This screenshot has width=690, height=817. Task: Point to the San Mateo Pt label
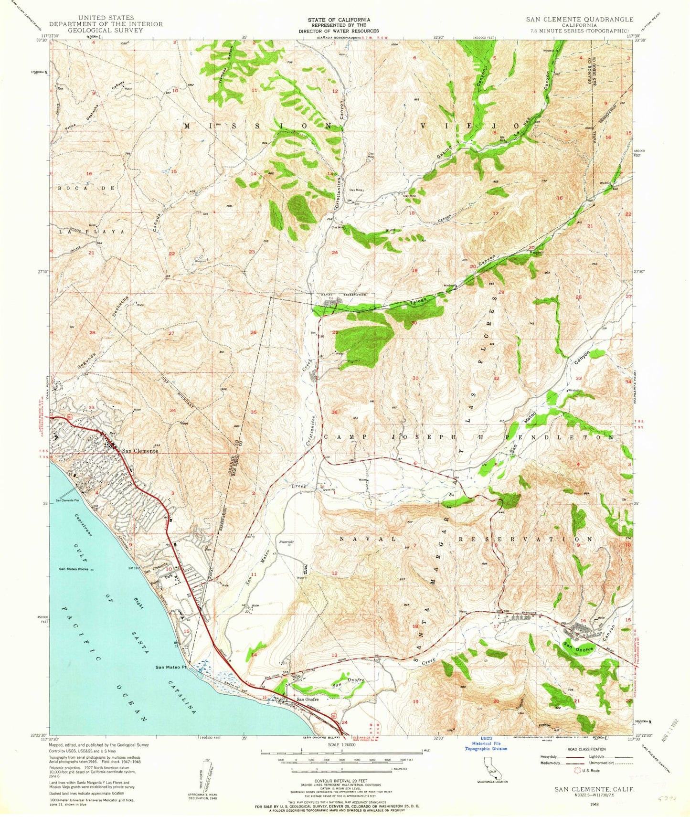click(170, 668)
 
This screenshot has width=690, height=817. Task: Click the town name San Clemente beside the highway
click(139, 451)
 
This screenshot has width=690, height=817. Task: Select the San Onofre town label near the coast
click(308, 700)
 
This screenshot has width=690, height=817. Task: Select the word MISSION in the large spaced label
click(261, 126)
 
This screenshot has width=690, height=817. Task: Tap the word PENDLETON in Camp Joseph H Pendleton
click(570, 437)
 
